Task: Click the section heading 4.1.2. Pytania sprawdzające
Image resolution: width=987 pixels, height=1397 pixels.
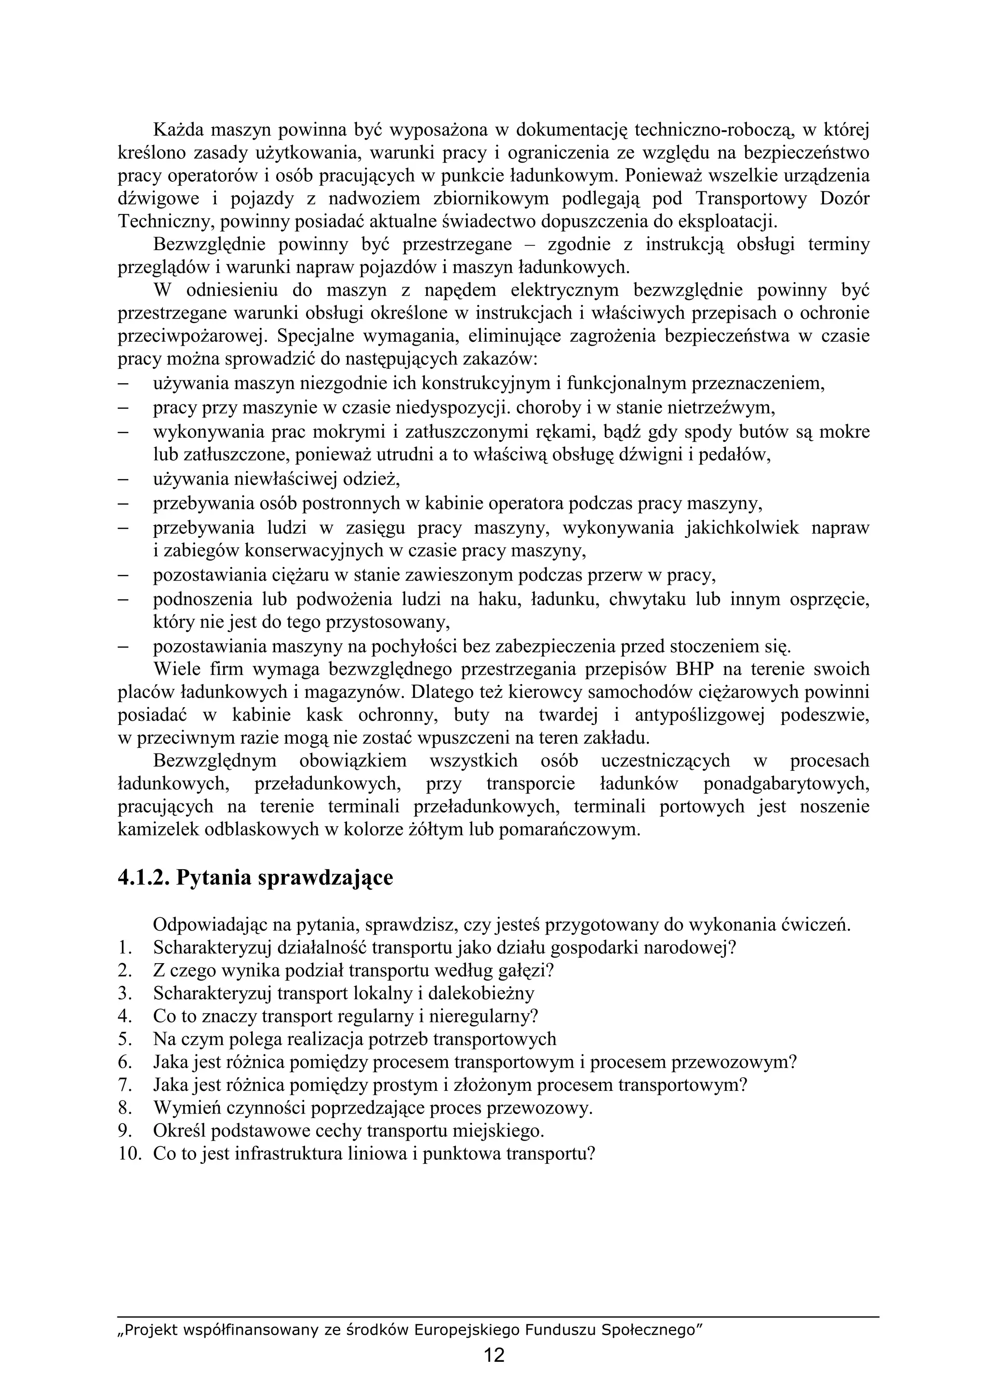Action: click(255, 877)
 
